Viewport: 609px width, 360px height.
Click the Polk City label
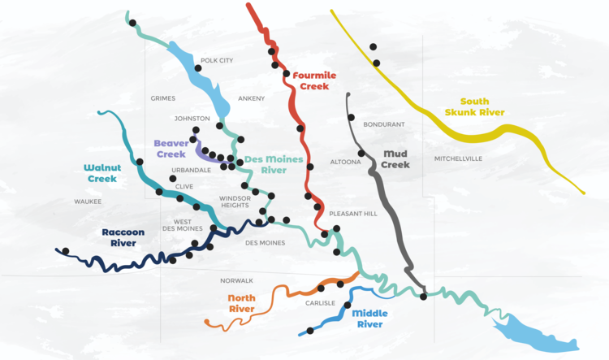click(217, 61)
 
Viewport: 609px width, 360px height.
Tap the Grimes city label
click(163, 98)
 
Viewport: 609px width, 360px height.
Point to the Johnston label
click(192, 119)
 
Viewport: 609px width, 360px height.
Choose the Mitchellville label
click(459, 158)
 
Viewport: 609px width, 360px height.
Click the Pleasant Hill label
click(354, 213)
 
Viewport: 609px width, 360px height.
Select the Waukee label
click(88, 201)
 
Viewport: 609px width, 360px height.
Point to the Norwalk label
click(237, 280)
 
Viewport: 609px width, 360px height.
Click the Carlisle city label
click(320, 302)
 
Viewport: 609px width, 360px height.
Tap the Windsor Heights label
click(235, 201)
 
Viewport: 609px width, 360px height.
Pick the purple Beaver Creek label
click(171, 148)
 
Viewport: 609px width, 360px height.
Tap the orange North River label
click(241, 303)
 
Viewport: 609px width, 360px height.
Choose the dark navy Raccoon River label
click(123, 236)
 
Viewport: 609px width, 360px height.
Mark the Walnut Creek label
click(102, 172)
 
